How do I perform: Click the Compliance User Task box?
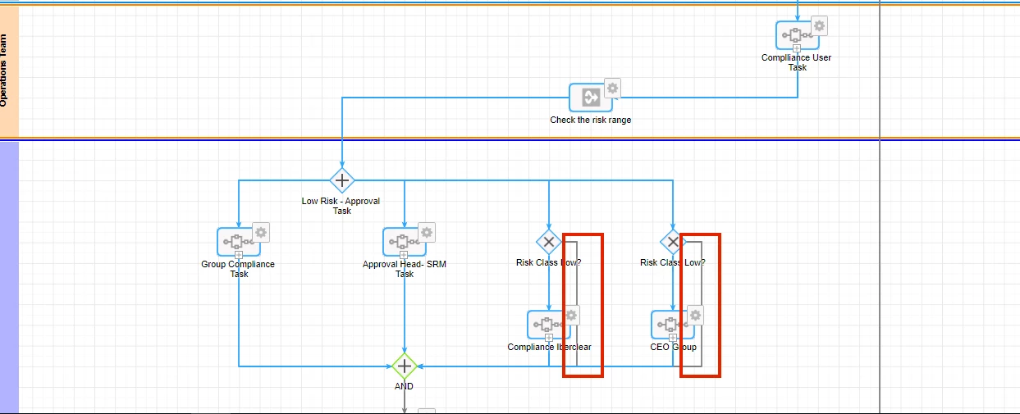click(798, 35)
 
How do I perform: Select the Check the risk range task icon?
click(591, 98)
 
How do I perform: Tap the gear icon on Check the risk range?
click(612, 88)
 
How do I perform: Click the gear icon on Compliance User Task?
click(819, 25)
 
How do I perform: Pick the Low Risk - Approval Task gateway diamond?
click(342, 180)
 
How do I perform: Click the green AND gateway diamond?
click(405, 366)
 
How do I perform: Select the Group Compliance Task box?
click(239, 242)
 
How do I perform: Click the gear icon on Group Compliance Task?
click(261, 233)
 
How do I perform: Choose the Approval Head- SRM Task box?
click(405, 242)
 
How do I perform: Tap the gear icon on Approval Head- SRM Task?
click(427, 233)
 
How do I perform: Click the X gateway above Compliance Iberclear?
click(549, 242)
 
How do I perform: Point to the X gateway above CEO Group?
click(673, 242)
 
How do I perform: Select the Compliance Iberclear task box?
click(549, 325)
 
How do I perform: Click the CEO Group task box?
click(673, 325)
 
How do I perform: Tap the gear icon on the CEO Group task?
click(695, 316)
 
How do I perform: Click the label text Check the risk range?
click(591, 121)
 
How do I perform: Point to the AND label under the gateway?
click(404, 386)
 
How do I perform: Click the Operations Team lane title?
click(3, 71)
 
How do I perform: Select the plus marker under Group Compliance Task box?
click(239, 255)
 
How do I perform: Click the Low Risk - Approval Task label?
click(341, 206)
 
